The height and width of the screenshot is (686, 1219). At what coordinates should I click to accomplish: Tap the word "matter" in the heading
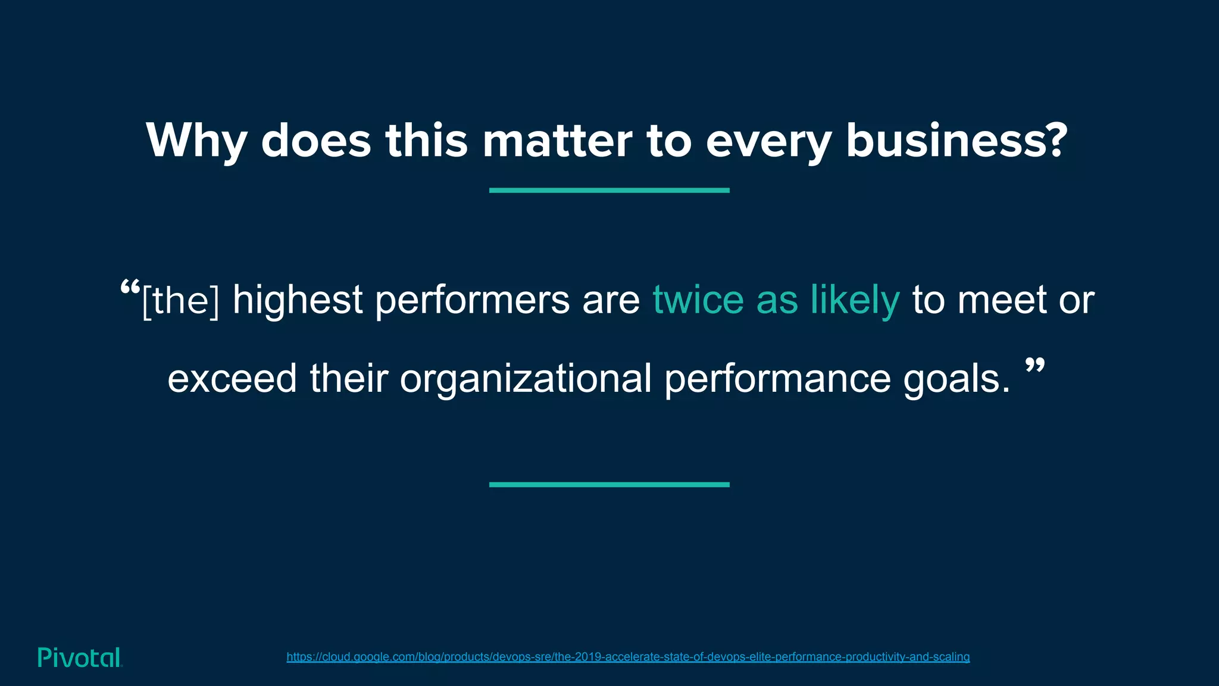pos(557,141)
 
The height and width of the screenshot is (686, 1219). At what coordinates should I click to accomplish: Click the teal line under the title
pos(609,190)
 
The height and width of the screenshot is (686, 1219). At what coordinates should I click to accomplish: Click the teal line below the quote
pos(609,485)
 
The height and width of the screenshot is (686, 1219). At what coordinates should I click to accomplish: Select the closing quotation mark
pos(1035,366)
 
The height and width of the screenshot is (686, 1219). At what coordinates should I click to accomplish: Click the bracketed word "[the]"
pos(181,301)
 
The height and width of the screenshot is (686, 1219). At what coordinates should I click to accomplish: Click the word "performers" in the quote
pos(472,301)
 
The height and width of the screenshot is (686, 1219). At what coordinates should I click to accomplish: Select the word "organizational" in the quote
pos(525,379)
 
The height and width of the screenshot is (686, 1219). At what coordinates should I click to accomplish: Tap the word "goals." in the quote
pos(957,379)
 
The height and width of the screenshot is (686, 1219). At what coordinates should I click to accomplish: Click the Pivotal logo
pos(80,657)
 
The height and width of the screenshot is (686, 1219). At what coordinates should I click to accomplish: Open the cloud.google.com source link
pos(628,657)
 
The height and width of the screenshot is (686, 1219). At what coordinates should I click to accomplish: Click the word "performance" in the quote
pos(777,379)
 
